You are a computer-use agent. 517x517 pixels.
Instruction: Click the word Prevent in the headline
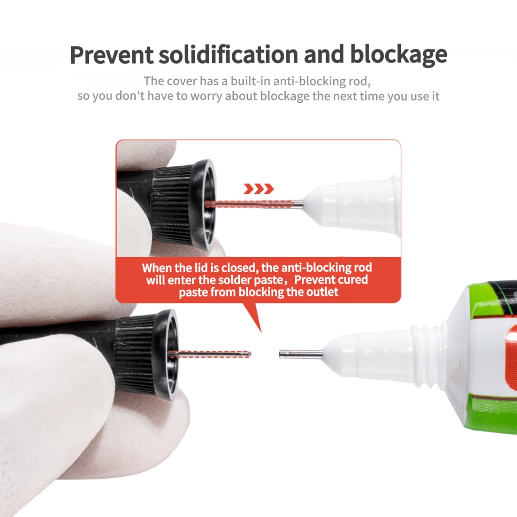112,55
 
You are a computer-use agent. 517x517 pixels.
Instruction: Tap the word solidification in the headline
229,54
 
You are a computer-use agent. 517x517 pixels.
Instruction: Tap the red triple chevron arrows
259,189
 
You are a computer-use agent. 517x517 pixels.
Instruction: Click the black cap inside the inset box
182,204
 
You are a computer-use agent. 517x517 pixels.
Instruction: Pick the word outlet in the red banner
322,292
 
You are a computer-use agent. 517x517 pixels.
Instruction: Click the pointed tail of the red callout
261,332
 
